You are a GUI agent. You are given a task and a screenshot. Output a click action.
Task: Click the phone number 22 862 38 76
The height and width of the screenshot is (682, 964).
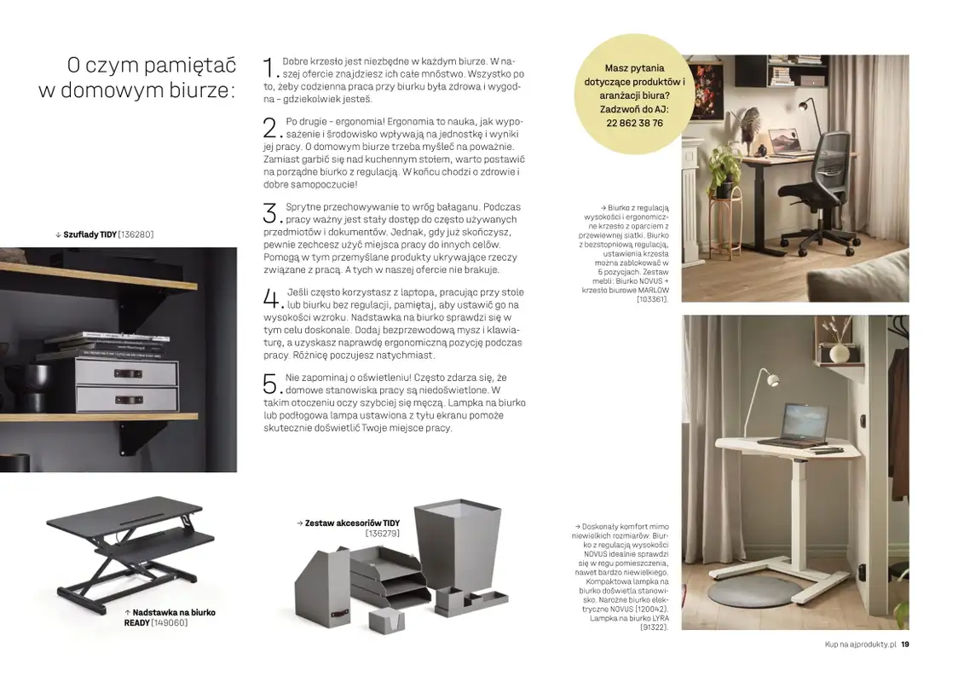(x=634, y=124)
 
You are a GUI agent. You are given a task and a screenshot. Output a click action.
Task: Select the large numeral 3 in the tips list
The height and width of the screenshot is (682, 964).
(x=270, y=213)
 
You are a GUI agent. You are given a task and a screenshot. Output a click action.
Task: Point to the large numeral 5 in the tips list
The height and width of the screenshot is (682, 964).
(x=269, y=384)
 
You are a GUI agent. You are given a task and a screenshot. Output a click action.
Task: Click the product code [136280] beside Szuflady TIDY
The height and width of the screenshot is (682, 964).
(x=136, y=234)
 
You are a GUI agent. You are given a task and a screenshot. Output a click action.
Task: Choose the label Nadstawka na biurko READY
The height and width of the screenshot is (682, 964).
(x=170, y=617)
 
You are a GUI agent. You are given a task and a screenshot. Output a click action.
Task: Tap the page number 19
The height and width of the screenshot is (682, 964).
(x=904, y=644)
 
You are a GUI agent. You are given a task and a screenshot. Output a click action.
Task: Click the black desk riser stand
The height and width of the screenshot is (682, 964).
(x=130, y=546)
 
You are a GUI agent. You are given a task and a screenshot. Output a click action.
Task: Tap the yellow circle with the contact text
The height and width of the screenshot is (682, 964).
(x=634, y=95)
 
